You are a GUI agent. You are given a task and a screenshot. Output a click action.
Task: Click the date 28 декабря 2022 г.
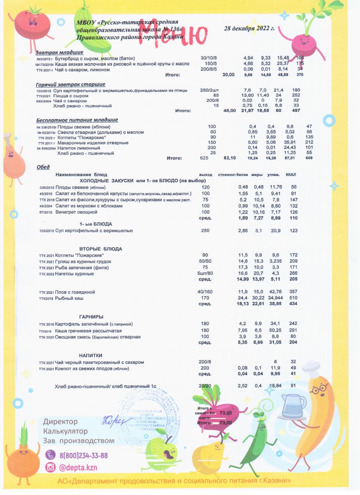coord(249,29)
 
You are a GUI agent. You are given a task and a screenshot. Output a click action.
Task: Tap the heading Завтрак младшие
coord(59,52)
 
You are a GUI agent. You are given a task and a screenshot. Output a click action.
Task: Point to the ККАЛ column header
coord(291,175)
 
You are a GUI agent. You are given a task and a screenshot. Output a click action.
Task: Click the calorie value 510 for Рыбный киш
coord(294,298)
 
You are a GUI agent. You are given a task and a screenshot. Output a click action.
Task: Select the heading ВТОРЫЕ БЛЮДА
coord(101,249)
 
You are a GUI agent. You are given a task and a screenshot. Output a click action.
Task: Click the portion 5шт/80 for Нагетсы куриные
coord(206,273)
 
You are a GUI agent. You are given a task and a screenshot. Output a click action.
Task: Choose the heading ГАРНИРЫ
coord(91,316)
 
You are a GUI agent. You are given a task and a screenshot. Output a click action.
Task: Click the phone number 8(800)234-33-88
coord(83,455)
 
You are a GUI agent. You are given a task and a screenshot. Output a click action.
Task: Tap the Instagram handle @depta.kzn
coord(78,467)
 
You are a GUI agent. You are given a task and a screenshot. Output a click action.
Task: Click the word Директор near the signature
coord(60,422)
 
